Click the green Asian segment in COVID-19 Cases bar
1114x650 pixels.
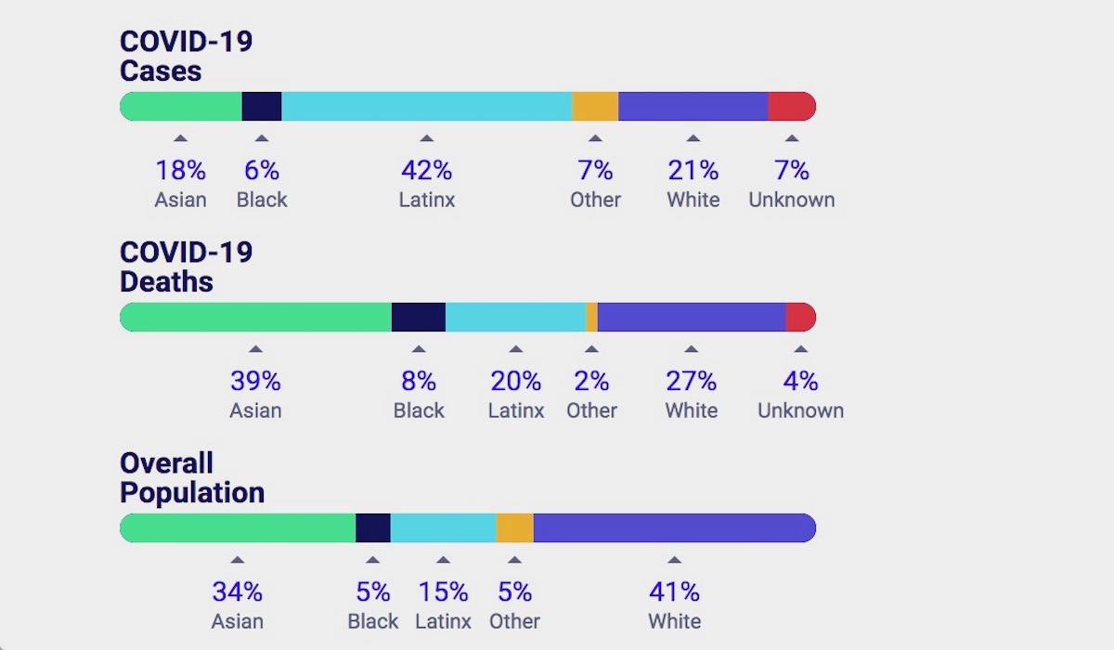pos(182,107)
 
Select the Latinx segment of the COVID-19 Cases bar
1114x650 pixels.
pos(426,107)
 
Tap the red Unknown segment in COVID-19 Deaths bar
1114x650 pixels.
pos(800,318)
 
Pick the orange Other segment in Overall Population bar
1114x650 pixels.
pos(514,528)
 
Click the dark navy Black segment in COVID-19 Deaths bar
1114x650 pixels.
pos(419,318)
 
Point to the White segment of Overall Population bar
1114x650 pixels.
pos(674,528)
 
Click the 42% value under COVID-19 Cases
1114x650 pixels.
pos(426,171)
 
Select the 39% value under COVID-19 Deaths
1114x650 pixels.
pos(255,382)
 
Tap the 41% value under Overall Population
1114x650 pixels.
pos(674,592)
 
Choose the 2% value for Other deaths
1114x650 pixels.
pos(591,382)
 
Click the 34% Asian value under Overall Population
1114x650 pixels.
pos(237,592)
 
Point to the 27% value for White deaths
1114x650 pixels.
pos(691,382)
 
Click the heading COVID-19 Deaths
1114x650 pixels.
pos(187,266)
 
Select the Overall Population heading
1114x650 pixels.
pos(191,477)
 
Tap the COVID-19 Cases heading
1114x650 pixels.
pos(187,56)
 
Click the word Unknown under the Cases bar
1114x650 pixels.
pos(791,200)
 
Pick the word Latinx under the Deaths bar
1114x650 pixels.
pos(516,410)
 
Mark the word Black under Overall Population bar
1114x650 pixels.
pos(372,621)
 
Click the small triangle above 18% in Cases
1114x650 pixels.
pos(180,138)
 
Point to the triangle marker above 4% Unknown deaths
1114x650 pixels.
pos(800,349)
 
